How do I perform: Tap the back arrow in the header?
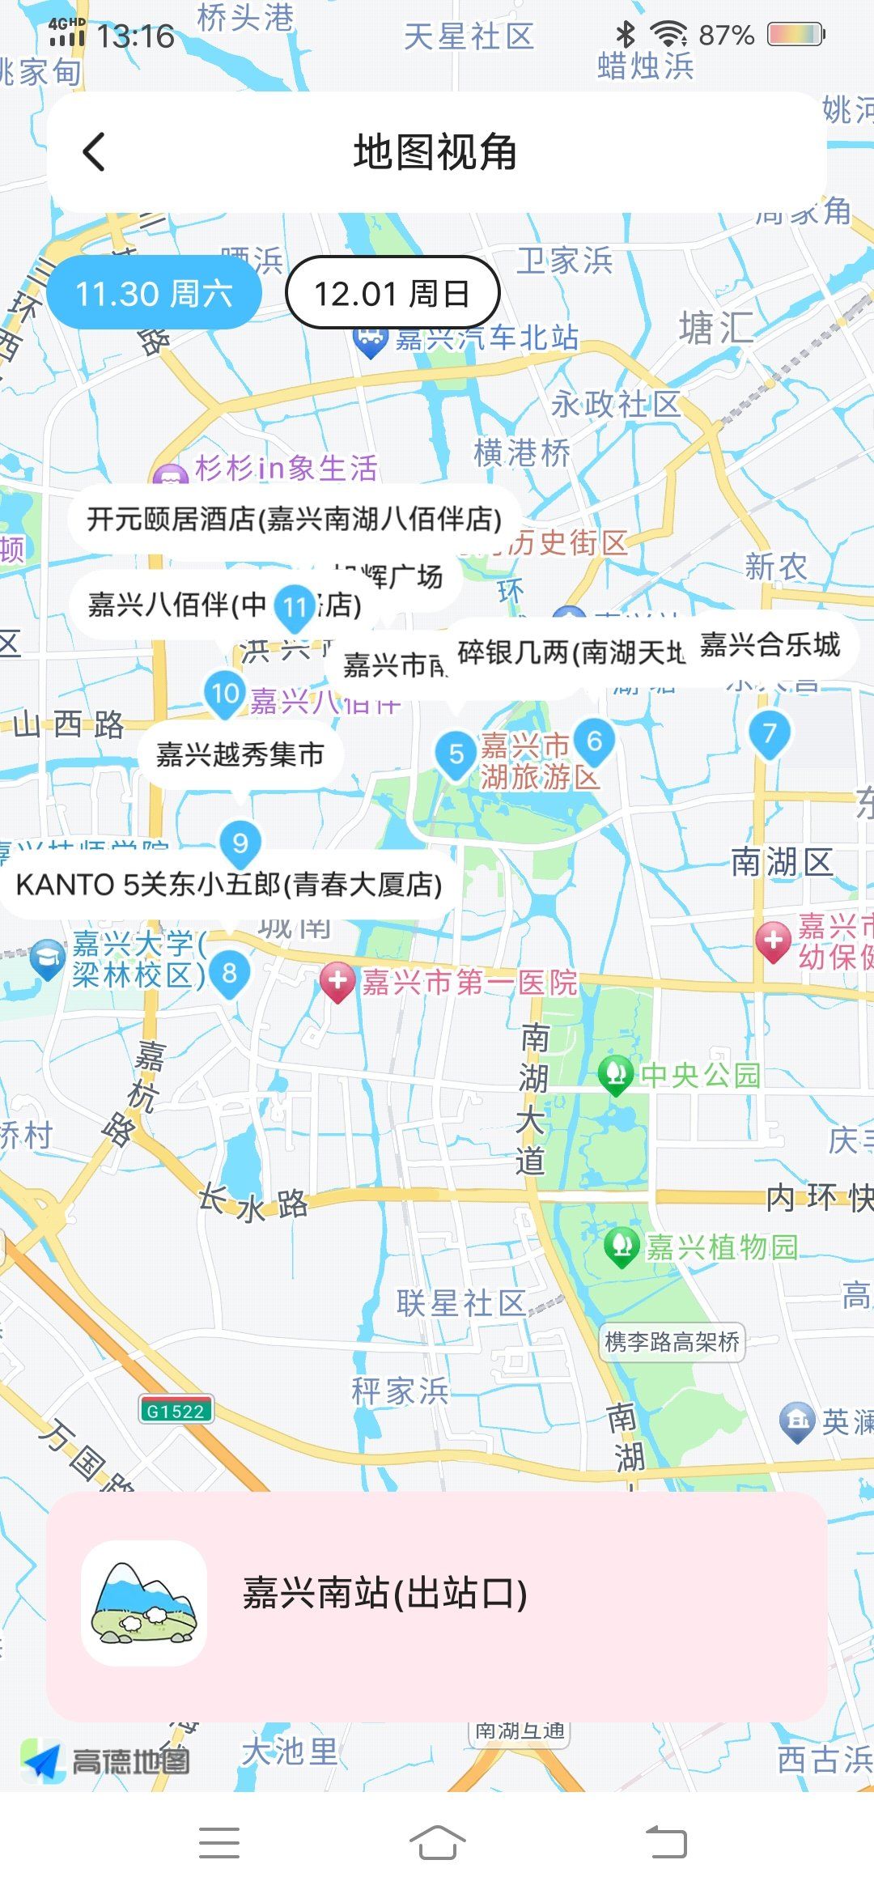[x=95, y=151]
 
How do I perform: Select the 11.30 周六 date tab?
[x=154, y=293]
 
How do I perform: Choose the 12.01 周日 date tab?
[x=392, y=293]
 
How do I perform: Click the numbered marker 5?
[x=456, y=754]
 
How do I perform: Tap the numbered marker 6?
[x=594, y=741]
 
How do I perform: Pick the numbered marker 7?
[x=769, y=733]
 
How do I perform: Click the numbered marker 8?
[x=230, y=973]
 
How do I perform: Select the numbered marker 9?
[x=240, y=843]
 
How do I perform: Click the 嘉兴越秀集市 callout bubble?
[x=240, y=754]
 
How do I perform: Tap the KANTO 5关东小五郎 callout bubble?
[x=229, y=885]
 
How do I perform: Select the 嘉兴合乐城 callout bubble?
[x=770, y=645]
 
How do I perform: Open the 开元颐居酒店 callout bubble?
[x=294, y=519]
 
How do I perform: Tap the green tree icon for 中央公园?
[x=616, y=1074]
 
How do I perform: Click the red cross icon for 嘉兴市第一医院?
[x=337, y=982]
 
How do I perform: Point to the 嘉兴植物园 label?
[x=721, y=1247]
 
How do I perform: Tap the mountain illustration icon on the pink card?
[x=144, y=1603]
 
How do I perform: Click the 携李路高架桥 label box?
[x=672, y=1343]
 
